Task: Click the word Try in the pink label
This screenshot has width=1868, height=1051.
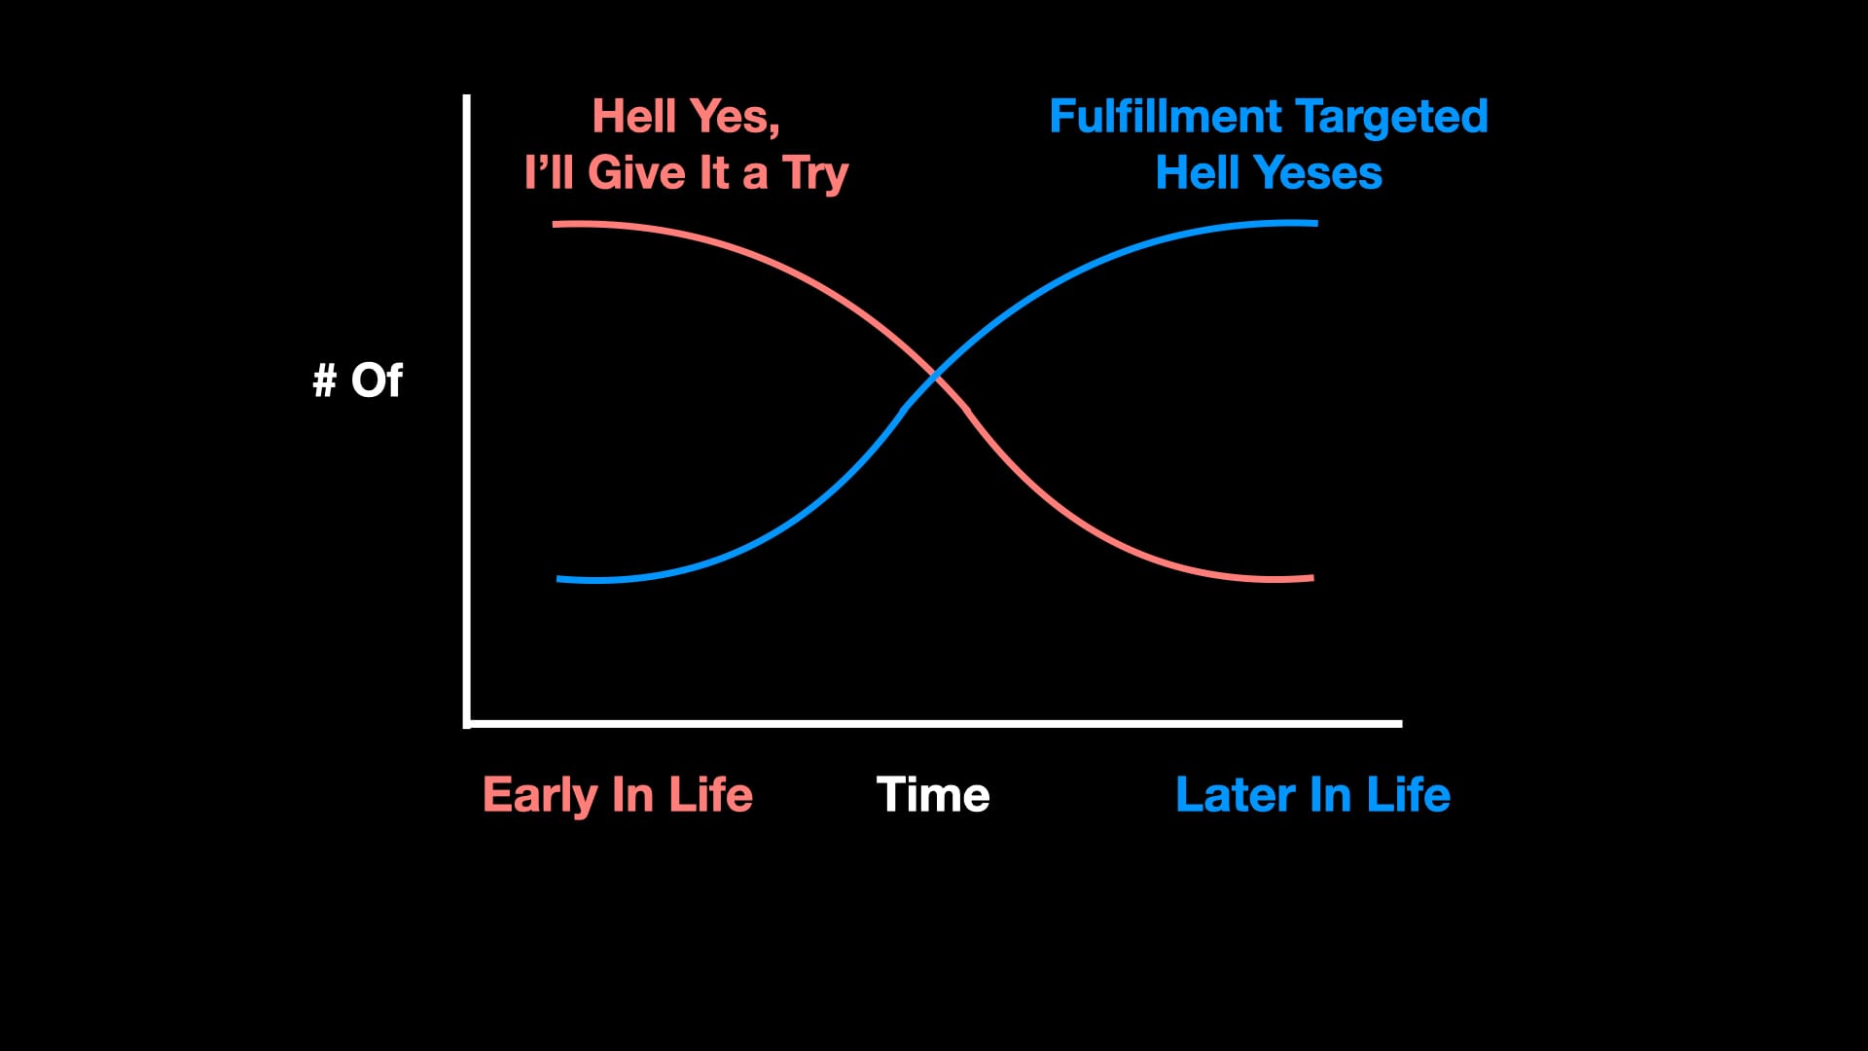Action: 815,175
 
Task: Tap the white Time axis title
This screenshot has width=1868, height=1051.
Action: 933,794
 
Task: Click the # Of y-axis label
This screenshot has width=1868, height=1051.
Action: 357,380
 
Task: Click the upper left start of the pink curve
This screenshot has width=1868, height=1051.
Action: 555,225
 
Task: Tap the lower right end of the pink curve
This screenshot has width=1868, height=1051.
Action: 1312,578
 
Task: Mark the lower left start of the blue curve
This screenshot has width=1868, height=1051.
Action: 558,579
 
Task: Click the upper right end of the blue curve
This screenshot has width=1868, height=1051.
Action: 1316,224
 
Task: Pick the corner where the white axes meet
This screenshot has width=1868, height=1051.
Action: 467,724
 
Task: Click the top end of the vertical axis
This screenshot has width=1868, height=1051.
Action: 467,95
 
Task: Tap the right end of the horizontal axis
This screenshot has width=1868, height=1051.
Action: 1401,724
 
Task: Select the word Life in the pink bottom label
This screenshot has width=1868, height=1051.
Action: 710,794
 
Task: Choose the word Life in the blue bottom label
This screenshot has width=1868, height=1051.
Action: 1408,794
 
